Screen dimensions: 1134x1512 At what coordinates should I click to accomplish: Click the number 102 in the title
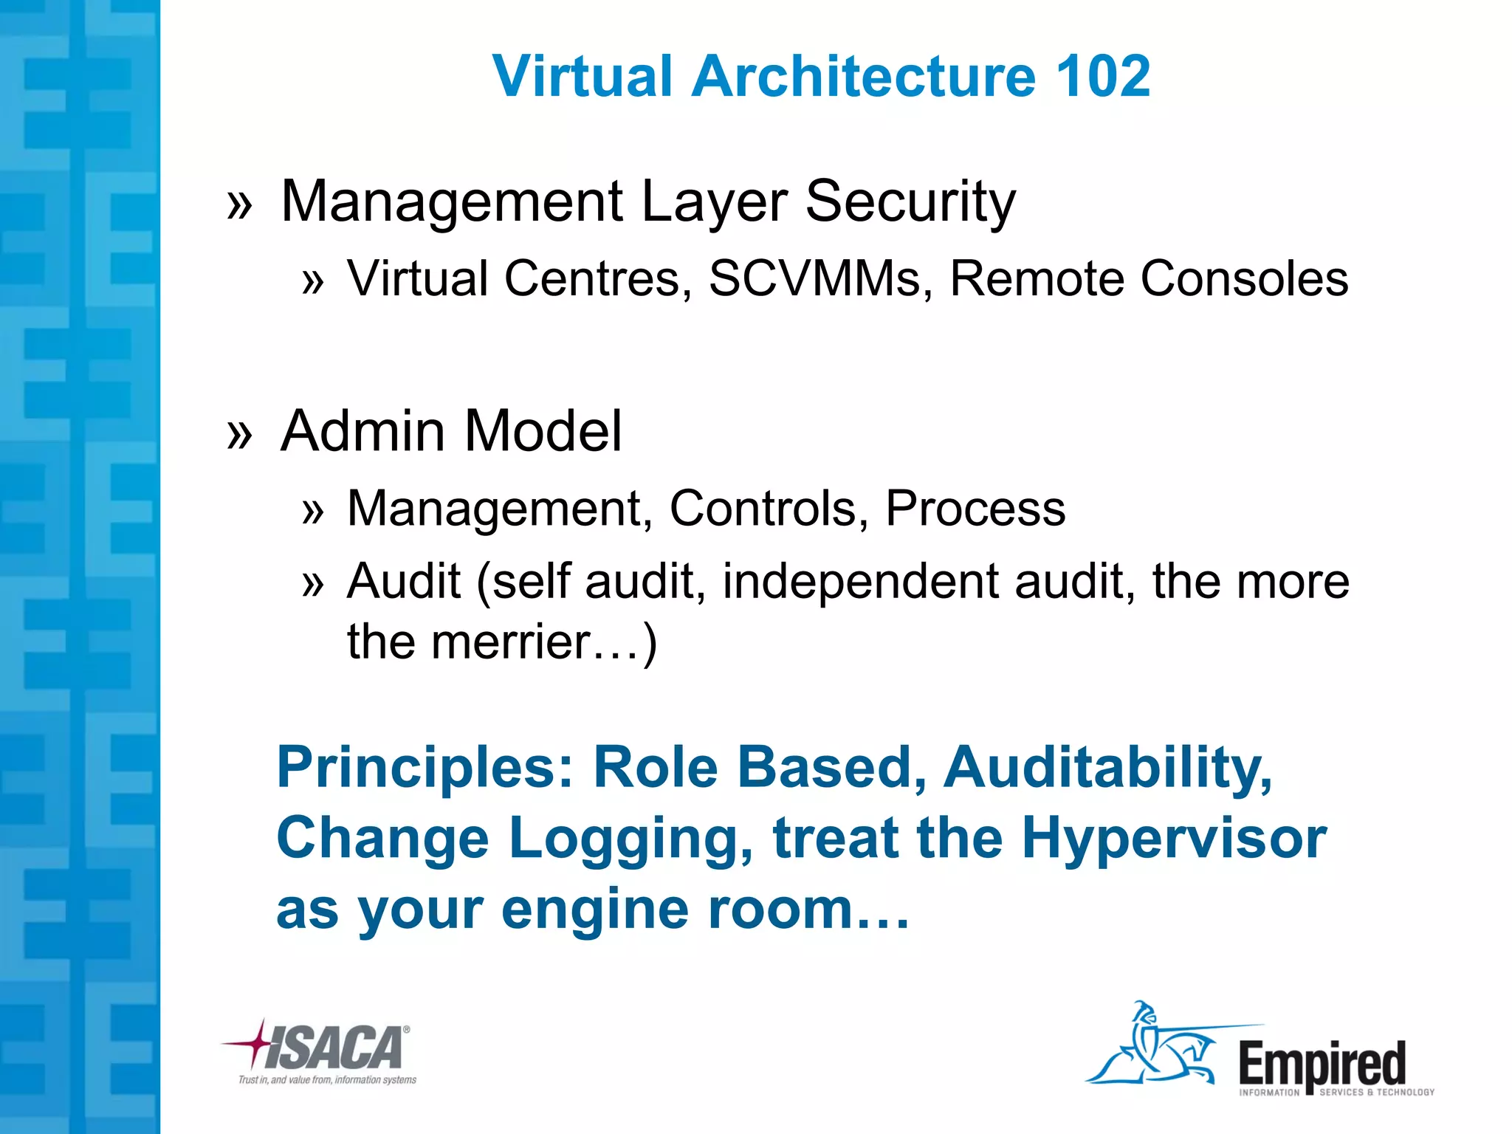(1103, 76)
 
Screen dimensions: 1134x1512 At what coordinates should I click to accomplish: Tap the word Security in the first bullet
(910, 202)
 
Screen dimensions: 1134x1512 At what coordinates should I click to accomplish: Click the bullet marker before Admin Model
(240, 434)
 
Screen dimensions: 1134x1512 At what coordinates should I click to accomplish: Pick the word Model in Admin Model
(543, 431)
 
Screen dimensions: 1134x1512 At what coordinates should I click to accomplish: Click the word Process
(975, 509)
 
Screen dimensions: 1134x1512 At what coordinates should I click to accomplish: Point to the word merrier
(510, 642)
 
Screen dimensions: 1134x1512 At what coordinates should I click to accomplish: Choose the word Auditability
(1107, 768)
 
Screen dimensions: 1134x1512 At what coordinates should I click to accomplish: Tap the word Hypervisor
(1174, 839)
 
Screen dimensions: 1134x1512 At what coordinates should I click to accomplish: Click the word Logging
(631, 839)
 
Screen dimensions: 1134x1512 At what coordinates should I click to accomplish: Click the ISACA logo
(325, 1048)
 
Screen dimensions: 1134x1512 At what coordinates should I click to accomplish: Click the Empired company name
(1322, 1063)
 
